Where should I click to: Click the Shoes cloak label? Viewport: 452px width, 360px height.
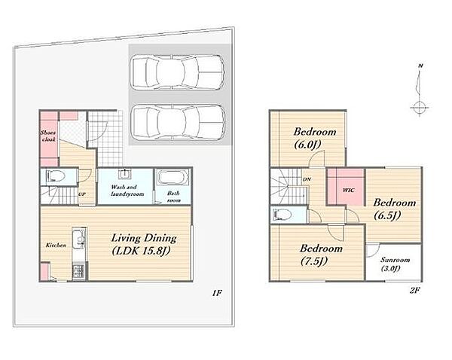[48, 136]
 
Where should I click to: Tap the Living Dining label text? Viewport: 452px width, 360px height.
[144, 238]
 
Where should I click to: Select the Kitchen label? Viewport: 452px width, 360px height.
[56, 246]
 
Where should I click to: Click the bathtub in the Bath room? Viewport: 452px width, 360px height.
[173, 178]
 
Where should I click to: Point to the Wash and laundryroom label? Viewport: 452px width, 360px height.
[127, 191]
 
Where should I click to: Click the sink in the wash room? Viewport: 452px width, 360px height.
[124, 174]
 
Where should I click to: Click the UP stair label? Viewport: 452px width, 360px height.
[82, 194]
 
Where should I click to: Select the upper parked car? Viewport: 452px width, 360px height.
[177, 72]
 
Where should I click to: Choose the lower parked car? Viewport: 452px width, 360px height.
[178, 122]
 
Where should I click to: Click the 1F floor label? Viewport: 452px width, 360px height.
[217, 293]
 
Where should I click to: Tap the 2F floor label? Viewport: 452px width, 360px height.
[414, 291]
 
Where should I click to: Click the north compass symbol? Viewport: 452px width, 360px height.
[420, 90]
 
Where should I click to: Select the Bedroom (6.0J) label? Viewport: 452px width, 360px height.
[315, 138]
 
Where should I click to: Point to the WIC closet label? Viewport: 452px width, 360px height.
[349, 191]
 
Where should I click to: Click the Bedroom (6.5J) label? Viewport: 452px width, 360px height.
[394, 209]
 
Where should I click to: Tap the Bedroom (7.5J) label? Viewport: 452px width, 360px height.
[321, 255]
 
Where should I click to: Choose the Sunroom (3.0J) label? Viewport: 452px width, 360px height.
[395, 264]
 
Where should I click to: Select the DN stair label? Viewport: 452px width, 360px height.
[307, 179]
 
